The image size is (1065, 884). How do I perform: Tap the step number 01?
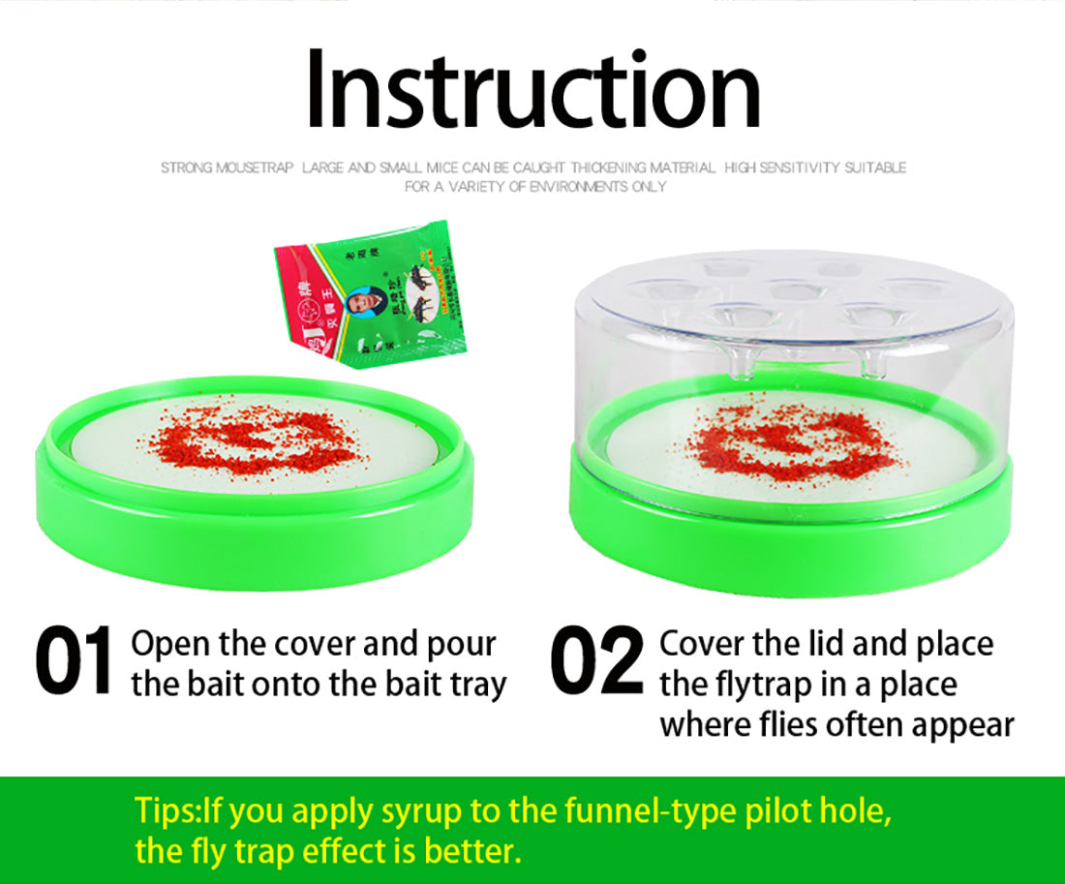74,663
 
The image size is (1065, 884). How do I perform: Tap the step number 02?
595,663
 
